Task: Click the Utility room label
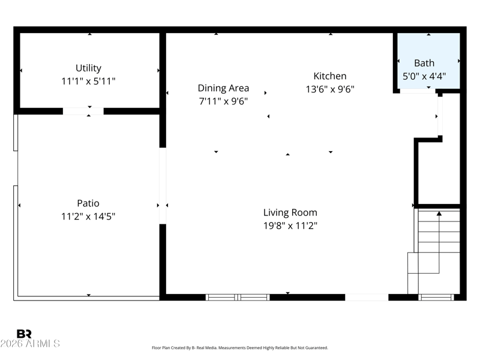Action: [88, 68]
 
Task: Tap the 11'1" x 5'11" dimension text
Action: [88, 81]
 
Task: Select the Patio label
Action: [88, 203]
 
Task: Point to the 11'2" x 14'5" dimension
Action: [88, 217]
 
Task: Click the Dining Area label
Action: [223, 88]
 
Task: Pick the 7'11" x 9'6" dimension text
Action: [223, 101]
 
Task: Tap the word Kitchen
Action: [330, 76]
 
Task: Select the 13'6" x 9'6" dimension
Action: [330, 89]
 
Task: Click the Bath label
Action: [424, 63]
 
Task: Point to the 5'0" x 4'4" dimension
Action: [424, 76]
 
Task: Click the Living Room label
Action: [290, 212]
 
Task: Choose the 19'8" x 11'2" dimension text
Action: [290, 226]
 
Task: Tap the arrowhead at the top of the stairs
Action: [439, 214]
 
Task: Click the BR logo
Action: [24, 334]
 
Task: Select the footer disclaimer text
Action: [239, 348]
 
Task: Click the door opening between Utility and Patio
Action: [83, 111]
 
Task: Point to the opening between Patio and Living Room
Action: [163, 186]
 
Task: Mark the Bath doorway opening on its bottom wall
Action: [418, 91]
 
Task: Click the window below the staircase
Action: [436, 297]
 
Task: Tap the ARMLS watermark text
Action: [30, 343]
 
